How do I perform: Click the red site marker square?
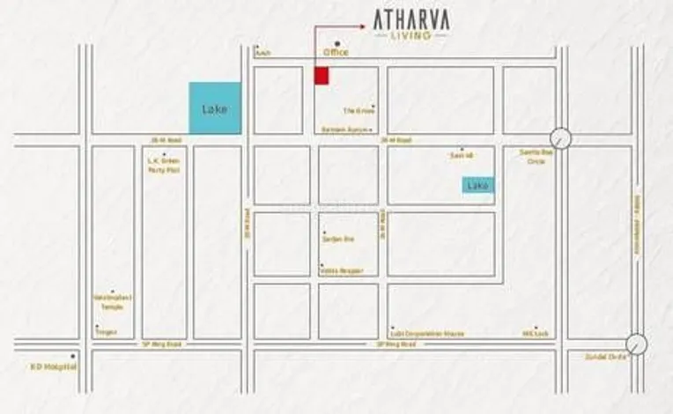pyautogui.click(x=322, y=76)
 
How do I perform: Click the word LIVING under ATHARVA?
pyautogui.click(x=409, y=35)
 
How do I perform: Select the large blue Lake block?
pyautogui.click(x=215, y=108)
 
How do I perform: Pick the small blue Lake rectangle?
pyautogui.click(x=478, y=185)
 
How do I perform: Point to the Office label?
pyautogui.click(x=336, y=53)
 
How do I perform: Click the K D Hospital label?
pyautogui.click(x=55, y=366)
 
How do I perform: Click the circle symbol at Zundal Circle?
pyautogui.click(x=636, y=344)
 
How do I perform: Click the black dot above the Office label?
pyautogui.click(x=336, y=43)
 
